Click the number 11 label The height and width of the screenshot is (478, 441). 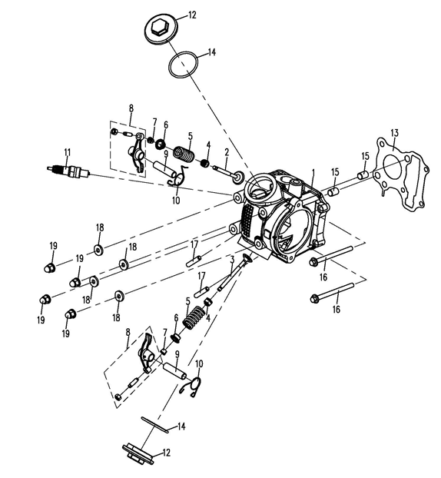(x=67, y=152)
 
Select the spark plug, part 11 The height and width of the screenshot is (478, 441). (x=68, y=171)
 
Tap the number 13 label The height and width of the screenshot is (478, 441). (x=394, y=134)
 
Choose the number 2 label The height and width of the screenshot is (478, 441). (x=227, y=152)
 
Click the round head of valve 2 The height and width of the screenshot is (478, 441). (x=238, y=177)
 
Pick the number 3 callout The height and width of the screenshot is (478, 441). (x=232, y=260)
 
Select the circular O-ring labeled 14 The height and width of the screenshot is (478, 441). (x=183, y=65)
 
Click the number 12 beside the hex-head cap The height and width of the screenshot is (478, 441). (x=192, y=15)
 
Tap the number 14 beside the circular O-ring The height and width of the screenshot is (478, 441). (x=212, y=52)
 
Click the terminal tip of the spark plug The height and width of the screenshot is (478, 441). (x=48, y=168)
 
